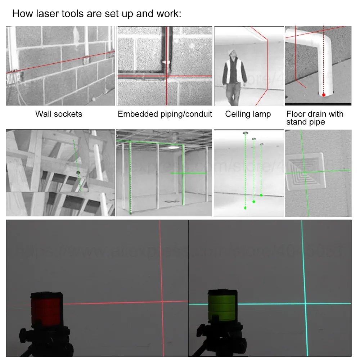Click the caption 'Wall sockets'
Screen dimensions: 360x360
(59, 114)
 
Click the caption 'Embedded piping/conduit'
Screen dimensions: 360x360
(165, 114)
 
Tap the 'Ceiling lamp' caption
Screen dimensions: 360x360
(248, 114)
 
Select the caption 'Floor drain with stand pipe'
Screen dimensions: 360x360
(315, 118)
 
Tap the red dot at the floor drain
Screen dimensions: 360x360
(324, 95)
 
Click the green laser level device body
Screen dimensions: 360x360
(222, 306)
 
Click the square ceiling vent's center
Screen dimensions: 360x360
(305, 172)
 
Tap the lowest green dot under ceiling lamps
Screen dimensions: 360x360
(245, 208)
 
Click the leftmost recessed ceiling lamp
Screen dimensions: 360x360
(245, 133)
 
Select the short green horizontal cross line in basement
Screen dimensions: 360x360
(188, 173)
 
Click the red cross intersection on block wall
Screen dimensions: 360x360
(166, 76)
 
